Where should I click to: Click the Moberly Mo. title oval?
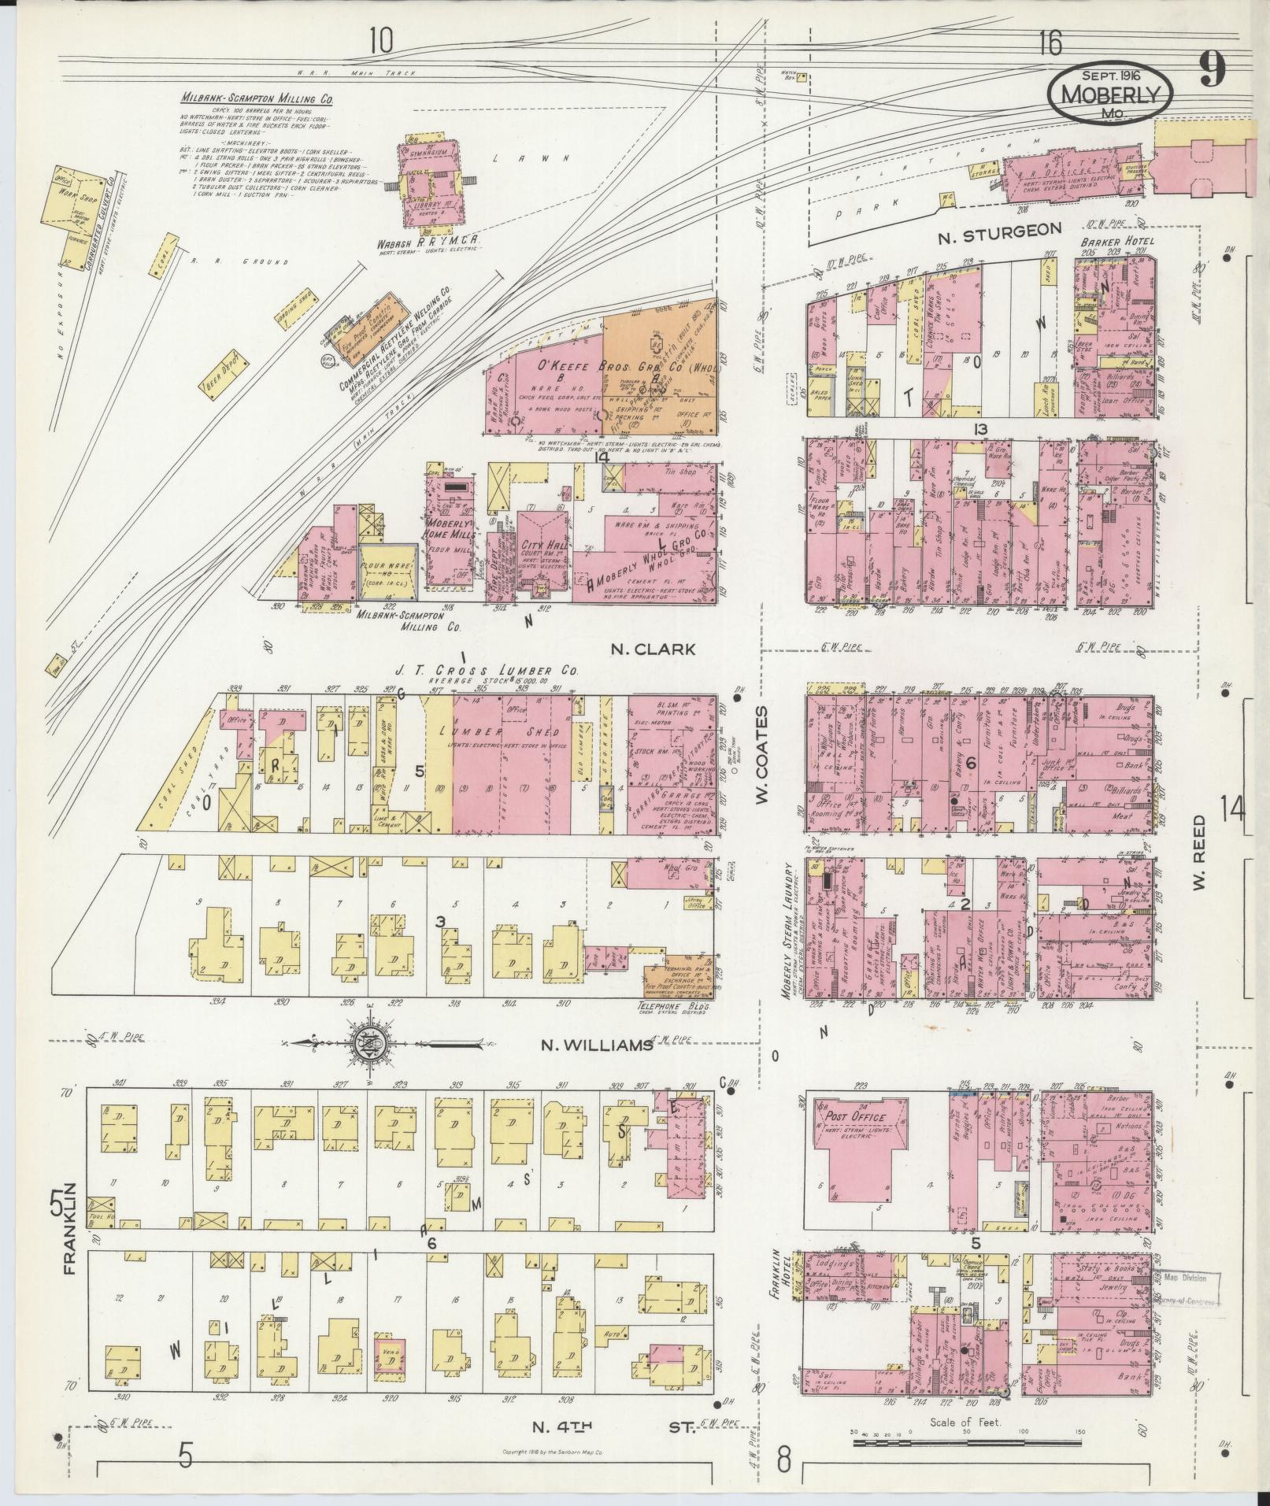tap(1110, 92)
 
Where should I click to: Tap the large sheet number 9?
tap(1212, 69)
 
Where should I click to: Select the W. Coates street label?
tap(761, 754)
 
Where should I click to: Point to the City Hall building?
tap(541, 545)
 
